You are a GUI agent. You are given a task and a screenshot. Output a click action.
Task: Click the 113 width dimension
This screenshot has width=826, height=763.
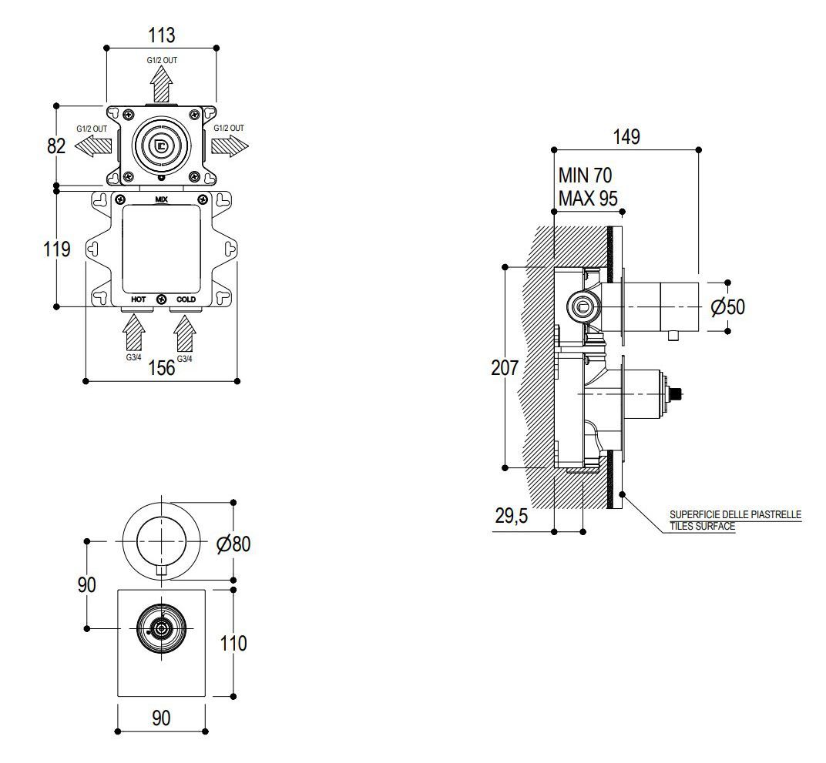pos(161,35)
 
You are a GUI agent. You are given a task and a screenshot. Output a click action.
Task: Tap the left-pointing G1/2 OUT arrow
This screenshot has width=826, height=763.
pos(93,145)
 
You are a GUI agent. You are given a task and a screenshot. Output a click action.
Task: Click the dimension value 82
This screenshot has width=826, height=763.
pos(56,146)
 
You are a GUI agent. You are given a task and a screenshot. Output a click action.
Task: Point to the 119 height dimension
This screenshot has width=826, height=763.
pos(57,249)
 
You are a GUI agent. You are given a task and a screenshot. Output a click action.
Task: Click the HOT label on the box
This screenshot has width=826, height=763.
pos(138,299)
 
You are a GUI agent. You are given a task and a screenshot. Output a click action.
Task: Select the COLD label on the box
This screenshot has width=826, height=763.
pos(186,299)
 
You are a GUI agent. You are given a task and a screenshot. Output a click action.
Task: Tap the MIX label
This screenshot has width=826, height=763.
pos(161,199)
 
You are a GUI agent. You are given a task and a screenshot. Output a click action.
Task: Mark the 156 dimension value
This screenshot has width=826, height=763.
pos(161,368)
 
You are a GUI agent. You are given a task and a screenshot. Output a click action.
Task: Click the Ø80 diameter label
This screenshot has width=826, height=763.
pos(233,544)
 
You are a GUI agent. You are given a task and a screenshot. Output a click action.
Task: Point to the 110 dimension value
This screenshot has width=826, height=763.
pos(233,643)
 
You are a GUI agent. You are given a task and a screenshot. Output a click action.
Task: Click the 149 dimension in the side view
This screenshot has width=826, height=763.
pos(626,137)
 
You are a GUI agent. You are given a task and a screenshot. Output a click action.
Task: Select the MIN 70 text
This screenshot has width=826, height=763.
pos(586,177)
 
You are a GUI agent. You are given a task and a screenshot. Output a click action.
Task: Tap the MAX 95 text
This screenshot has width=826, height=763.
pos(589,198)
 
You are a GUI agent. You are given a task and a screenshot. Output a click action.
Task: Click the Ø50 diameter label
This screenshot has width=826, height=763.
pos(727,306)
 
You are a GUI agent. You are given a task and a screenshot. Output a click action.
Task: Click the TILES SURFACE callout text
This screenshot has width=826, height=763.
pos(702,527)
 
